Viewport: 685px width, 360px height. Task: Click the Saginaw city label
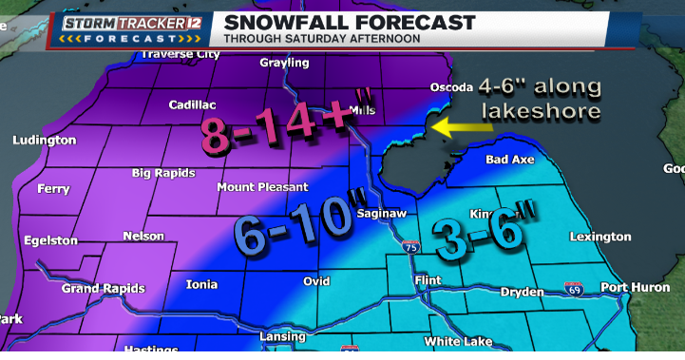pyautogui.click(x=381, y=214)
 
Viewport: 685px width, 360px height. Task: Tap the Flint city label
pyautogui.click(x=428, y=281)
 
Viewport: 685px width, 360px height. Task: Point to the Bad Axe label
pyautogui.click(x=510, y=160)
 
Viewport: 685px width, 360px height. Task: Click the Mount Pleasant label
pyautogui.click(x=262, y=187)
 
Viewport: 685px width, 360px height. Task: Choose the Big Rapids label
pyautogui.click(x=163, y=173)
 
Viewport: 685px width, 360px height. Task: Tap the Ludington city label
pyautogui.click(x=44, y=141)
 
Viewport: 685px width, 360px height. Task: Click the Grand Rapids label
pyautogui.click(x=104, y=288)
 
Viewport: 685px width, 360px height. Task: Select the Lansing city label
pyautogui.click(x=282, y=336)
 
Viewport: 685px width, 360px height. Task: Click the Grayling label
pyautogui.click(x=284, y=63)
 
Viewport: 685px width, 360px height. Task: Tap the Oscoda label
pyautogui.click(x=450, y=87)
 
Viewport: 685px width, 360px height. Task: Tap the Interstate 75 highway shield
pyautogui.click(x=409, y=247)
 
